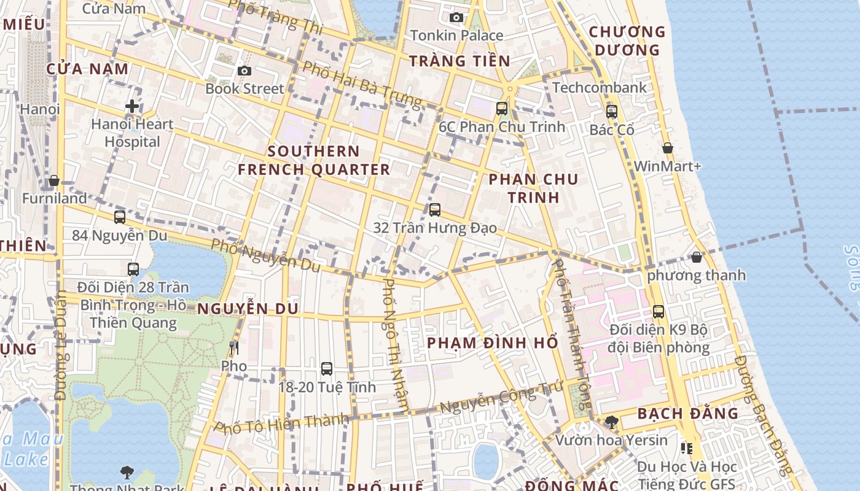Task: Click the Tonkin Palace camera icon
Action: tap(456, 17)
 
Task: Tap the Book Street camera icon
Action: tap(244, 71)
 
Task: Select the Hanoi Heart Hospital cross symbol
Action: tap(131, 106)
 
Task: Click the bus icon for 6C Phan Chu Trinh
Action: tap(502, 109)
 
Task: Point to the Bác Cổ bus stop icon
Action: tap(611, 112)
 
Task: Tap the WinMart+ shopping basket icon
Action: tap(667, 148)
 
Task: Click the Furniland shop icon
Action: tap(54, 180)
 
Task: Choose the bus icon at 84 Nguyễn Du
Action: tap(119, 217)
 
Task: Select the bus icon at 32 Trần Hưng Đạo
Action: tap(435, 210)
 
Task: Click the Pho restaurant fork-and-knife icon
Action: tap(233, 348)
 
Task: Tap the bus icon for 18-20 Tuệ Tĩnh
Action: tap(327, 369)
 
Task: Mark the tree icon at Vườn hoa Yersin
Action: tap(611, 422)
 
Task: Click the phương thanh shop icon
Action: tap(696, 257)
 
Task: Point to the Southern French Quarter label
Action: tap(314, 160)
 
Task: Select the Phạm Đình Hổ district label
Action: tap(492, 342)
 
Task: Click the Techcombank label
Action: tap(599, 88)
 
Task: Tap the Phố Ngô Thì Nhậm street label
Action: tap(396, 344)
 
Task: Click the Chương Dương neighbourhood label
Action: tap(627, 41)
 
